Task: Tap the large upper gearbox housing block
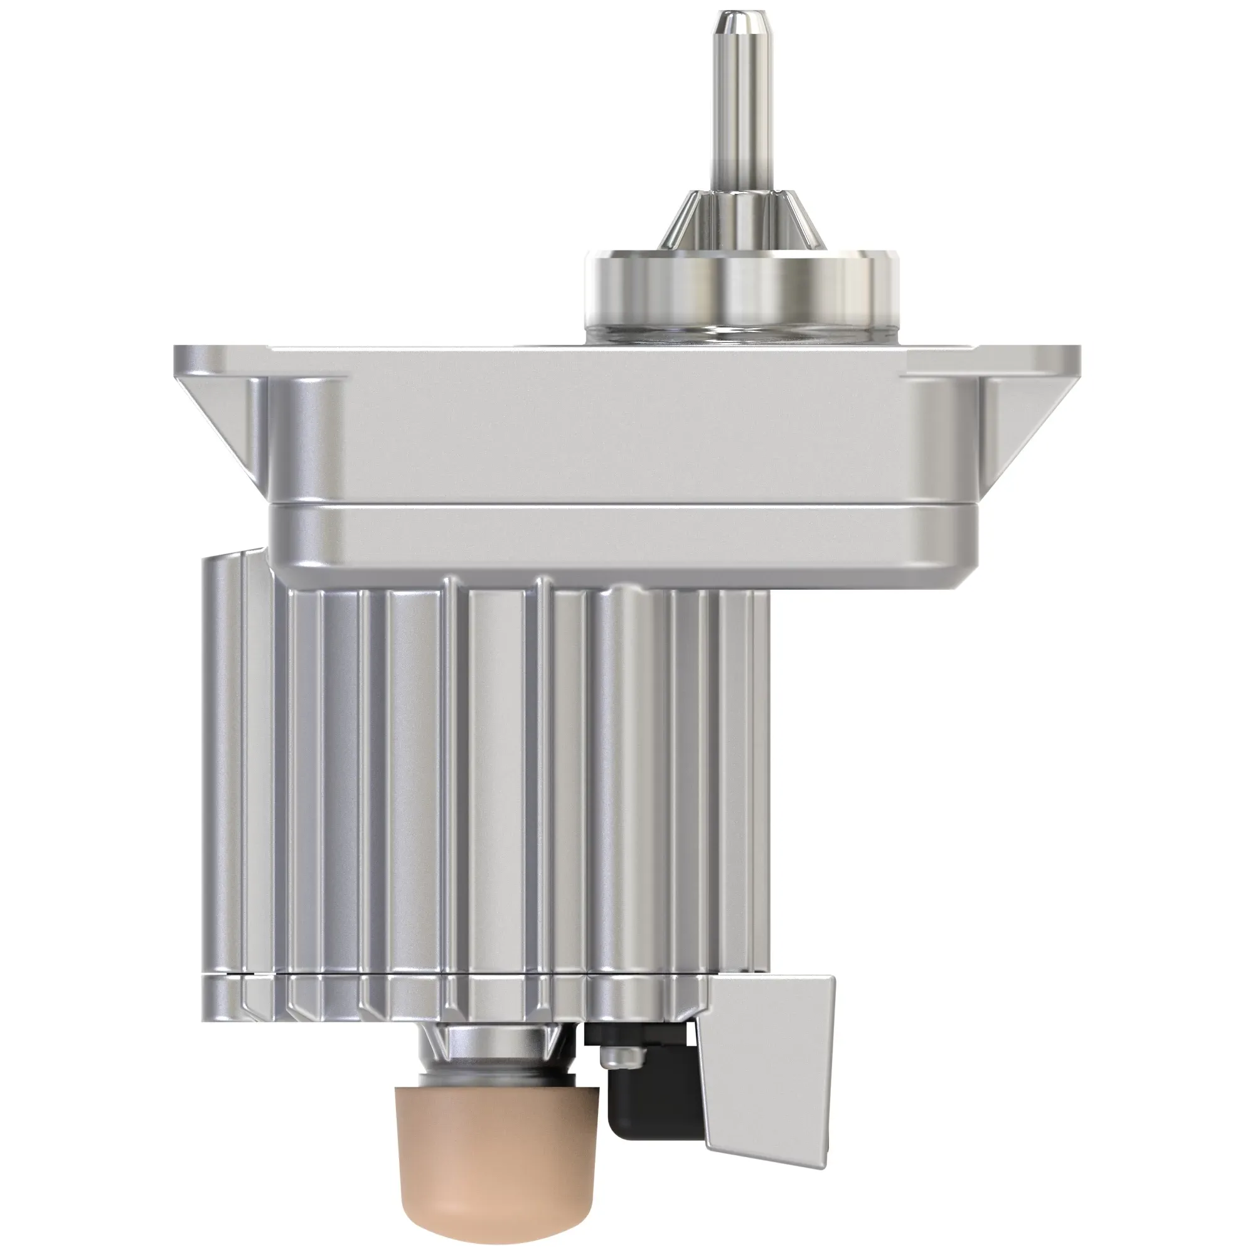coord(624,442)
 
